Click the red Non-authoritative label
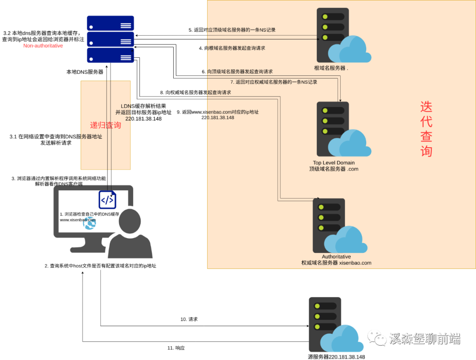[x=43, y=46]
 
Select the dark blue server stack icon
[x=111, y=39]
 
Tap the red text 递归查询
[x=105, y=125]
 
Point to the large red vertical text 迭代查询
[x=426, y=129]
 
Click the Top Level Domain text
[x=334, y=163]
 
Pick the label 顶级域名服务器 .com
[x=334, y=169]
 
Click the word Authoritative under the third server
[x=336, y=256]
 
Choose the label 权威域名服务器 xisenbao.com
[x=336, y=263]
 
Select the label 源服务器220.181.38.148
[x=336, y=357]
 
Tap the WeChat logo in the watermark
[x=377, y=338]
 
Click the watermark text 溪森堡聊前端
[x=424, y=338]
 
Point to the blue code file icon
[x=107, y=200]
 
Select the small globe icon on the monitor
[x=89, y=223]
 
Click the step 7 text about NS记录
[x=274, y=82]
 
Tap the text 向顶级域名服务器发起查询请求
[x=240, y=71]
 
